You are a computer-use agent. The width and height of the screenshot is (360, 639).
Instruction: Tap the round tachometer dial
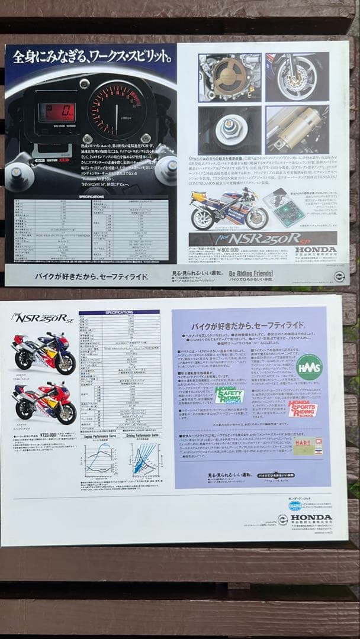116,111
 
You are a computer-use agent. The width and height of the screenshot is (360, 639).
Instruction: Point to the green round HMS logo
308,366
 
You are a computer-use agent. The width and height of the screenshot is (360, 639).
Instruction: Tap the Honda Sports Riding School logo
303,409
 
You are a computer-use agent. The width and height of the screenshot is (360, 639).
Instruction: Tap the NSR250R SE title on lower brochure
41,318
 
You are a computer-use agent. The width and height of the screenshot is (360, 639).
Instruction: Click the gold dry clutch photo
230,76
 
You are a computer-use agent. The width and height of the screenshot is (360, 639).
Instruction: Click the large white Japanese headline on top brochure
92,57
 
